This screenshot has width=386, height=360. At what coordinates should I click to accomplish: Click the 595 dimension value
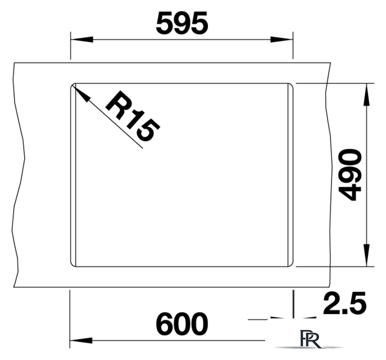[x=182, y=24]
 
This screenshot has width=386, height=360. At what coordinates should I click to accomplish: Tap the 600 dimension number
[x=182, y=324]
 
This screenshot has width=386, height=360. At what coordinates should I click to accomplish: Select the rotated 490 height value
[x=350, y=175]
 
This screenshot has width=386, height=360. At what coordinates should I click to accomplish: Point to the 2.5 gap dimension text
[x=344, y=303]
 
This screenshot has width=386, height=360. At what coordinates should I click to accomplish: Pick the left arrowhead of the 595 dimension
[x=81, y=39]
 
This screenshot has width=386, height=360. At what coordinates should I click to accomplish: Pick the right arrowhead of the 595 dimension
[x=281, y=39]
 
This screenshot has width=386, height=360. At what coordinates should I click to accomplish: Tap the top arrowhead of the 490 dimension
[x=366, y=94]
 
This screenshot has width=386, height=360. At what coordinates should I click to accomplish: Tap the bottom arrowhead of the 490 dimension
[x=366, y=255]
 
